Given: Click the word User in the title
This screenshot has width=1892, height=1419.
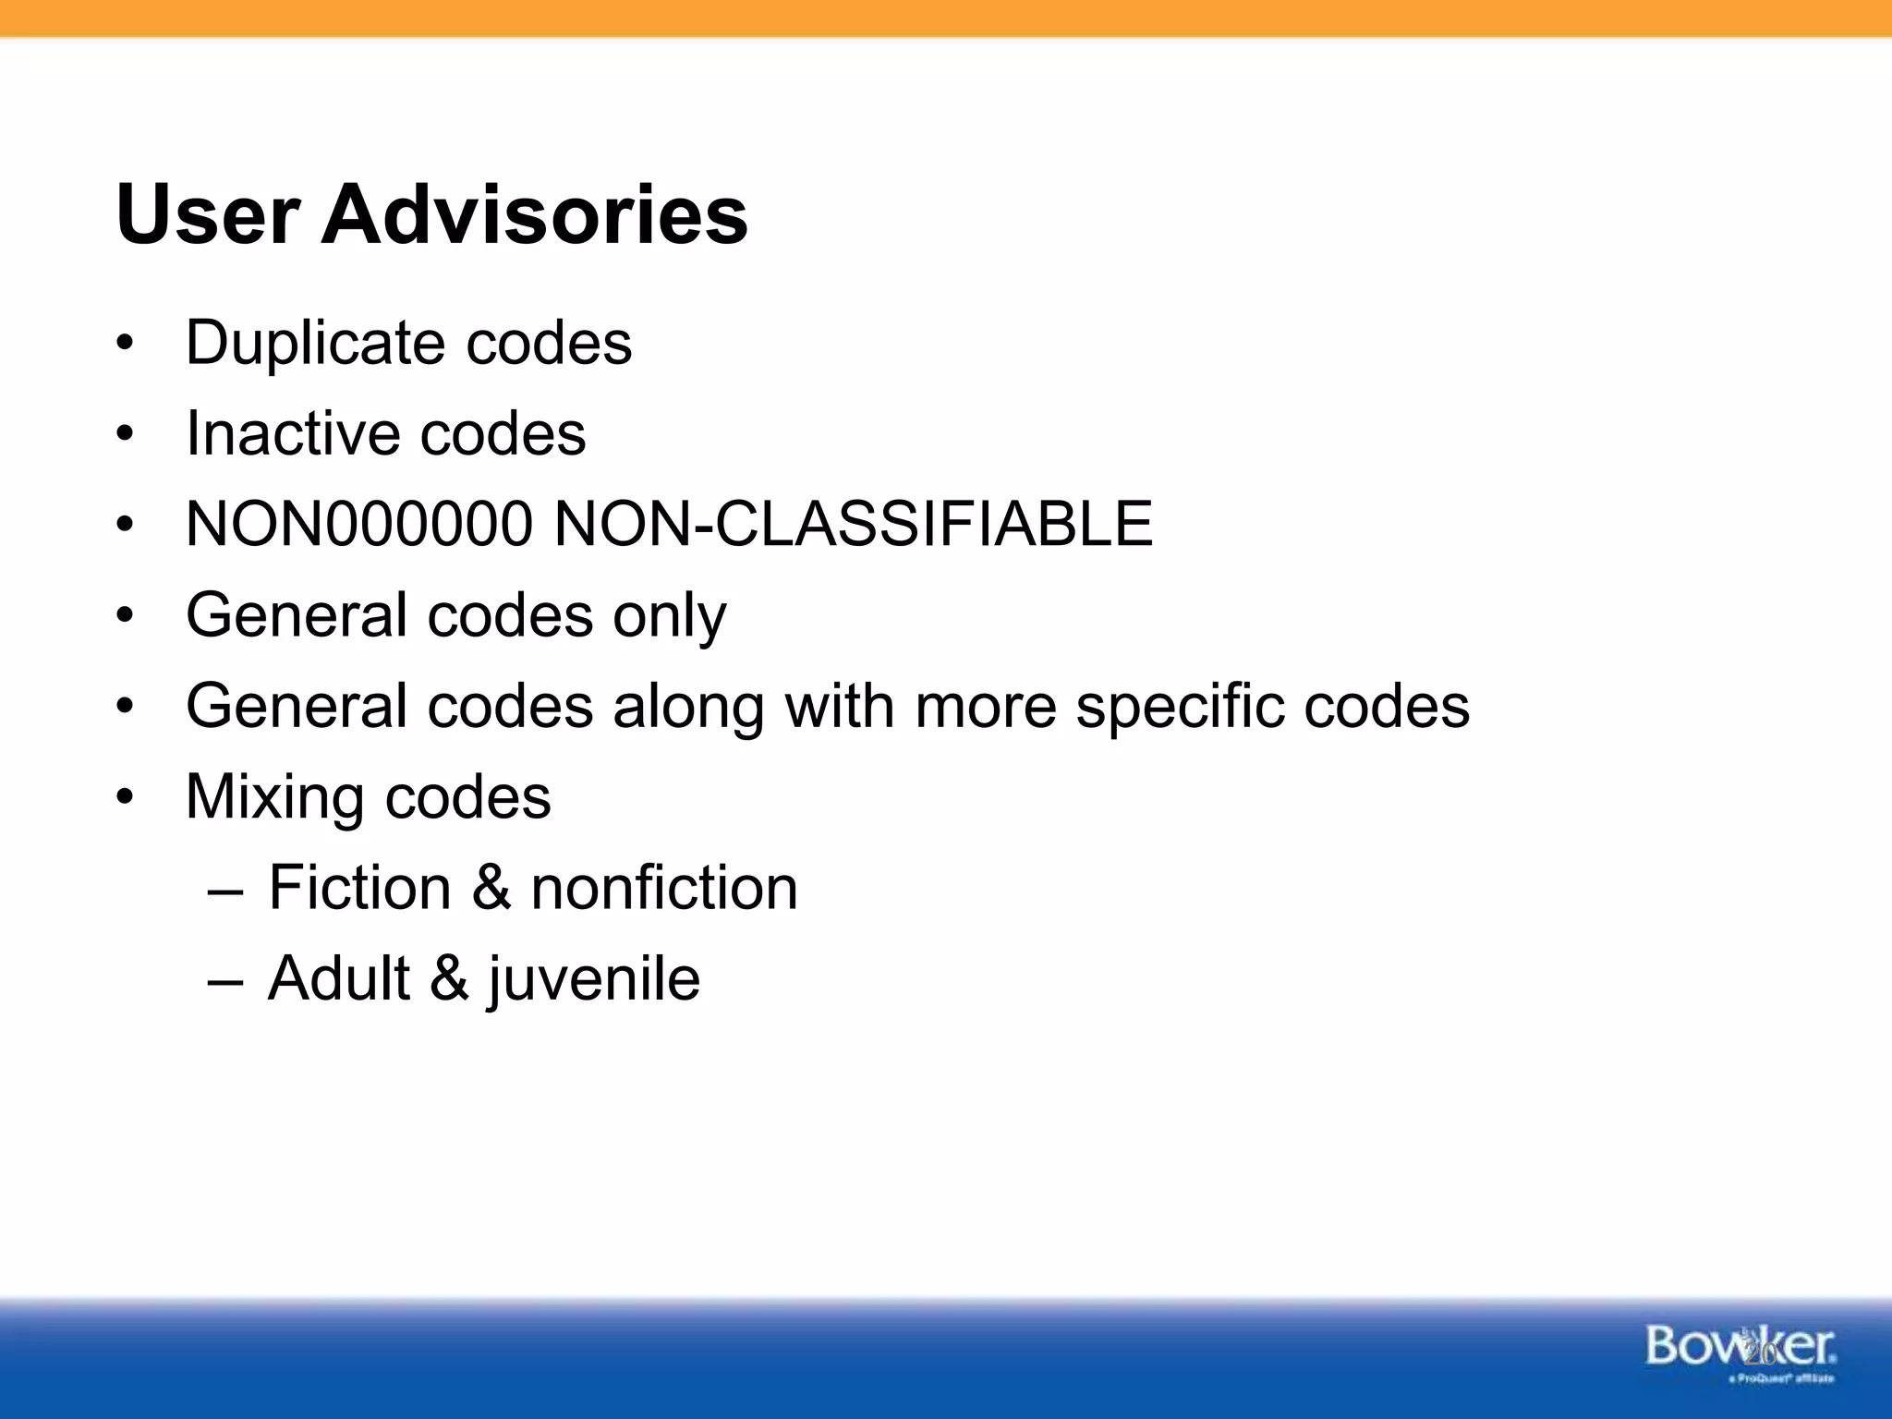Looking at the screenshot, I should coord(208,215).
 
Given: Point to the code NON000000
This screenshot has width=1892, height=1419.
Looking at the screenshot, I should coord(359,524).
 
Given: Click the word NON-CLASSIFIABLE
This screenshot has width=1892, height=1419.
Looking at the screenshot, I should coord(853,524).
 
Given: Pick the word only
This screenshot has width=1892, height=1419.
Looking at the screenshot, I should coord(670,616).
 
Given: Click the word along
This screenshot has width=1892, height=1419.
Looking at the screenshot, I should coord(688,707).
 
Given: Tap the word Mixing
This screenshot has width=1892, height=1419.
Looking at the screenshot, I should coord(275,797).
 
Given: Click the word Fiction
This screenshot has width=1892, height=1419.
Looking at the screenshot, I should coord(359,888).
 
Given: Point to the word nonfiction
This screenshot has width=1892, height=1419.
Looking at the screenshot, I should coord(664,888).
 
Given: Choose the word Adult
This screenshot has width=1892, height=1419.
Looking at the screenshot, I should coord(339,978).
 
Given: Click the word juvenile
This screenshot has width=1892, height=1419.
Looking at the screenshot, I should coord(594,980).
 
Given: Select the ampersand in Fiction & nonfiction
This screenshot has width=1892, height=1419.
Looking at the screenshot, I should coord(491,888).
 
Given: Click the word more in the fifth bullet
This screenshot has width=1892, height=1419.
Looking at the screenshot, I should coord(985,707).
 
